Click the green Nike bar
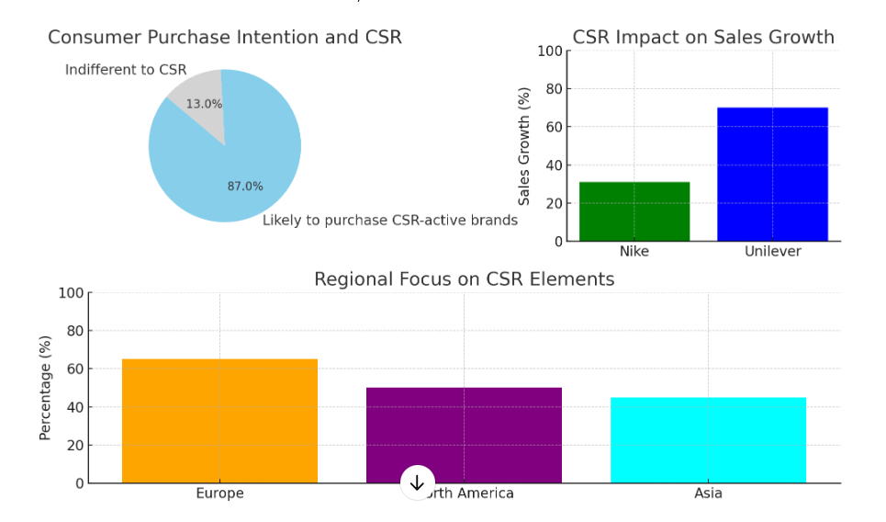coord(634,211)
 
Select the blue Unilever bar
coord(772,175)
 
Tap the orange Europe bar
coord(219,421)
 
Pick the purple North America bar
coord(464,432)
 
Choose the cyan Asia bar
coord(708,440)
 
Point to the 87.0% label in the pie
coord(245,187)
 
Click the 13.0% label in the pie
coord(204,104)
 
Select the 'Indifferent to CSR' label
coord(126,70)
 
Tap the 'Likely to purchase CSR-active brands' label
coord(390,221)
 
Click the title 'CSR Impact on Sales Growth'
coord(703,38)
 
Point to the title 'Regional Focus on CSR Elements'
coord(464,278)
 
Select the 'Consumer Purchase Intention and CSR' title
coord(225,38)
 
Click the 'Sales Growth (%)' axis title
coord(524,146)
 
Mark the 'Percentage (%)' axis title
coord(45,388)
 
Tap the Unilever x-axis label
coord(772,251)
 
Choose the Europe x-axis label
coord(219,494)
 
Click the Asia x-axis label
coord(708,494)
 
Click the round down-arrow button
coord(418,482)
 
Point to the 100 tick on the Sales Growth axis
coord(549,51)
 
